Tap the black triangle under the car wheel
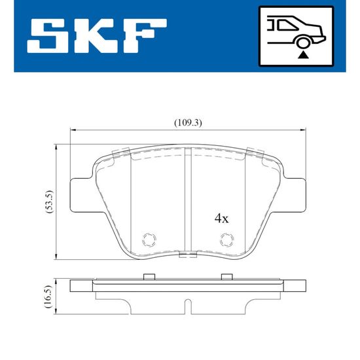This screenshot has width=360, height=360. pyautogui.click(x=303, y=56)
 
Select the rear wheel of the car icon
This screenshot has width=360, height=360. pyautogui.click(x=303, y=43)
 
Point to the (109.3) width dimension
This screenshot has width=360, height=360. pyautogui.click(x=188, y=123)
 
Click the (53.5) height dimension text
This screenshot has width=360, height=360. pyautogui.click(x=50, y=202)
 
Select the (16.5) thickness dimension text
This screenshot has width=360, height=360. pyautogui.click(x=50, y=297)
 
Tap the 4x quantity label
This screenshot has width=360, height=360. pyautogui.click(x=221, y=219)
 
